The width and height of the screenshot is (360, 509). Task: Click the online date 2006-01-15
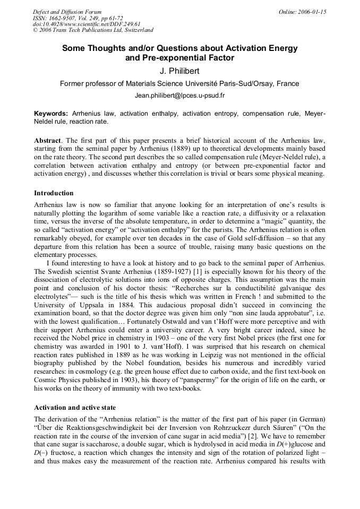[310, 12]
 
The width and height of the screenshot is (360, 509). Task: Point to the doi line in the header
[87, 24]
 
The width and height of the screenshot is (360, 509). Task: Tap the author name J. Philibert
[179, 71]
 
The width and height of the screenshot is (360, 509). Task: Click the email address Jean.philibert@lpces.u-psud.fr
[179, 96]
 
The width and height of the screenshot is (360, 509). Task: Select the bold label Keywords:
[51, 114]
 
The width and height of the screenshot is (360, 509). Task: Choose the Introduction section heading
[54, 193]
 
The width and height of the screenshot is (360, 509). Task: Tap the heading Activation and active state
[74, 408]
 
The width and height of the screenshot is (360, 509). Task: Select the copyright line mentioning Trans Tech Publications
[93, 30]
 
